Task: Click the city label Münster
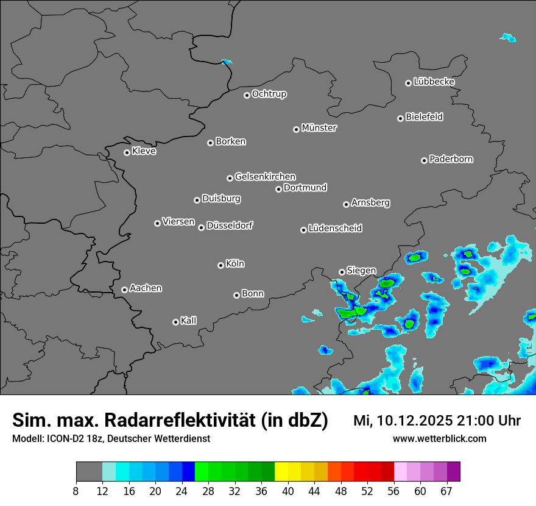point(319,128)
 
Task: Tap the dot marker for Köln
point(220,265)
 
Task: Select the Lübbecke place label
point(434,82)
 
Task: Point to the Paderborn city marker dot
point(424,160)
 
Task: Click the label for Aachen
point(146,288)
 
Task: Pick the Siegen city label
point(361,271)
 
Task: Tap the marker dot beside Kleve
point(127,152)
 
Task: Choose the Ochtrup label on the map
point(269,94)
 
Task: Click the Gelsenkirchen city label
point(265,177)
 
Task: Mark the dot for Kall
point(175,322)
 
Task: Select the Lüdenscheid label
point(335,229)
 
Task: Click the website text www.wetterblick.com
point(439,438)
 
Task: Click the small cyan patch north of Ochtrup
point(227,62)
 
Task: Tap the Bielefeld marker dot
point(400,118)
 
